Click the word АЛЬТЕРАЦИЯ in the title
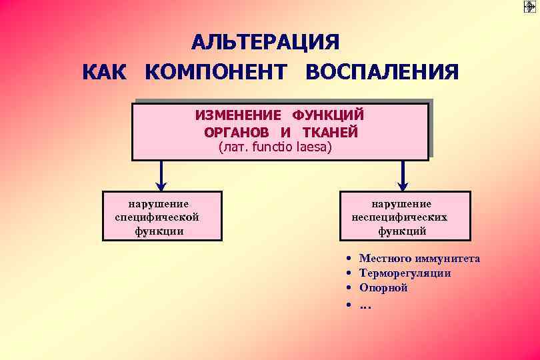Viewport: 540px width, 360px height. [x=265, y=42]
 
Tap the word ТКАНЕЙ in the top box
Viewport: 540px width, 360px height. [x=330, y=132]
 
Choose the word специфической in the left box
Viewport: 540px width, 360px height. [x=157, y=217]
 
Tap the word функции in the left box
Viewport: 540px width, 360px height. [x=160, y=231]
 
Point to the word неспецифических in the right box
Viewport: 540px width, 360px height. [x=400, y=217]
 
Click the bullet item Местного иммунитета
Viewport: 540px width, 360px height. [x=419, y=259]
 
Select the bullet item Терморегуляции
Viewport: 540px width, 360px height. [x=405, y=273]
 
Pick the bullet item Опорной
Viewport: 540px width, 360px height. [x=383, y=288]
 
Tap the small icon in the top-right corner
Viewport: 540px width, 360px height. [x=530, y=7]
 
